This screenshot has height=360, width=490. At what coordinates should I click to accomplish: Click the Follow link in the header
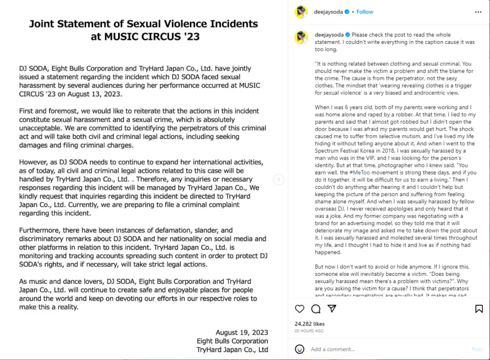[365, 12]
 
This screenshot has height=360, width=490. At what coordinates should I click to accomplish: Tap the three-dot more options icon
[479, 12]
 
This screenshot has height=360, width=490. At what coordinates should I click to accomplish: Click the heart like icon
[300, 309]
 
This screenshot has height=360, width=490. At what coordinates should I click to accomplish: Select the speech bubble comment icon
[316, 309]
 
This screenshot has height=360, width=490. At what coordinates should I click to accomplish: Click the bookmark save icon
[479, 309]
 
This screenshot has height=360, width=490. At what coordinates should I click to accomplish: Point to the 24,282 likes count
[310, 324]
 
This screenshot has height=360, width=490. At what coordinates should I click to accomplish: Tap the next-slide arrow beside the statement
[279, 180]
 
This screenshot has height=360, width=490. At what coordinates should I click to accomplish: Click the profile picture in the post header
[301, 12]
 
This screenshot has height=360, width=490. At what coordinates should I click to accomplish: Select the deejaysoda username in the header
[329, 12]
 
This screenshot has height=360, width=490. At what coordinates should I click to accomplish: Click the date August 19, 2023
[242, 332]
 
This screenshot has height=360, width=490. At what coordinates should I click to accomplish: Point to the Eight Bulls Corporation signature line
[232, 341]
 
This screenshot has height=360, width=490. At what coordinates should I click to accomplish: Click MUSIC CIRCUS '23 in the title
[145, 36]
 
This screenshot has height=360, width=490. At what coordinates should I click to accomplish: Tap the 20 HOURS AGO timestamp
[309, 331]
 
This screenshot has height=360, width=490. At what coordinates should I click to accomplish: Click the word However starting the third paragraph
[34, 162]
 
